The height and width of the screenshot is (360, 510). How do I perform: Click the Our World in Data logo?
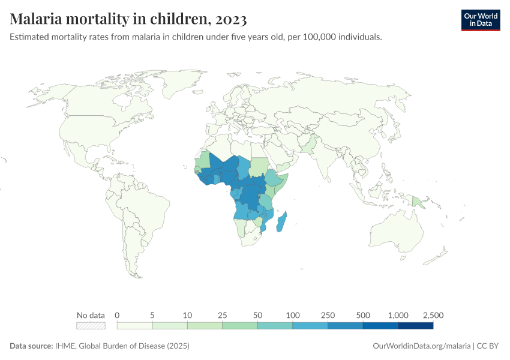480,20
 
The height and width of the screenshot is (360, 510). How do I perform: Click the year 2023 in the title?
228,19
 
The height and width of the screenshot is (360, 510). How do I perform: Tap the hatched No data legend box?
91,326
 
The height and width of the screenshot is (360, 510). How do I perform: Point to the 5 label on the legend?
152,315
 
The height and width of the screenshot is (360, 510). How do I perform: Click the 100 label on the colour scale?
293,315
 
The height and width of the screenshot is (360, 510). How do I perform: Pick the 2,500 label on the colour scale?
432,315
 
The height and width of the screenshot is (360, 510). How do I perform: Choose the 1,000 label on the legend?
398,315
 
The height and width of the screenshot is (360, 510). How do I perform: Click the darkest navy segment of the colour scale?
416,326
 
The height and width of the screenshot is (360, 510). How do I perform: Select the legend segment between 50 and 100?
275,326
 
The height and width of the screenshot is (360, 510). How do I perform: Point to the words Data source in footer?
31,346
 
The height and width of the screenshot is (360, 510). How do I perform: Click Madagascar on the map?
281,223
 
